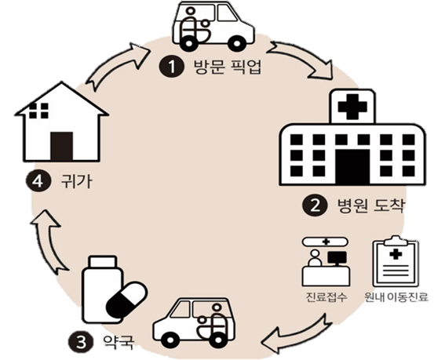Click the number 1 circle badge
(x=172, y=67)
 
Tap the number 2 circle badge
(x=315, y=206)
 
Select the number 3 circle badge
(x=81, y=343)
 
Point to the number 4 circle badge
(x=38, y=181)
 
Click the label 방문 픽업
(x=227, y=67)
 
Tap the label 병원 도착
(x=370, y=205)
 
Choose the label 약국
(x=117, y=342)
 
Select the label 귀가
(x=76, y=180)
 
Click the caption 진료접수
(x=326, y=297)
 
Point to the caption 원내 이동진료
(x=396, y=297)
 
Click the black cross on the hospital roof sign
(x=352, y=107)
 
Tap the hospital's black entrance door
(x=352, y=166)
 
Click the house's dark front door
(x=61, y=146)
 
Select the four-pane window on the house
(x=39, y=111)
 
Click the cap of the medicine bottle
(x=103, y=261)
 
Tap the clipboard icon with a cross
(x=396, y=261)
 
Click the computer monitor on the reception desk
(x=337, y=257)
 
